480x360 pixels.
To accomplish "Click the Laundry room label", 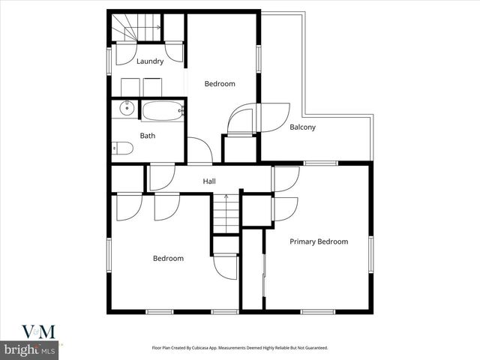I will [150, 61].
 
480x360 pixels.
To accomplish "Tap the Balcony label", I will [302, 127].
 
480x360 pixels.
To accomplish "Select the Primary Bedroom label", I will [319, 241].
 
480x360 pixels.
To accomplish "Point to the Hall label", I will [209, 181].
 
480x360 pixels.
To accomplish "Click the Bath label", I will [148, 136].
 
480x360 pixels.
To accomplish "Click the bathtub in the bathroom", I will [163, 111].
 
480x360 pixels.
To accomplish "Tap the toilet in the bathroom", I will [122, 148].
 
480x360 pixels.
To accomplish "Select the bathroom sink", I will [127, 109].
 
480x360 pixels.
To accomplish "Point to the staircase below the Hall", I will [226, 212].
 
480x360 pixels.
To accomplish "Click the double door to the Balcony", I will [257, 118].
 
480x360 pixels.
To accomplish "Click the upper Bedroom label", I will [220, 84].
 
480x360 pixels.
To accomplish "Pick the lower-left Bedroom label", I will [168, 259].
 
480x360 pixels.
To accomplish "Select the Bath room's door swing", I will [199, 149].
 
